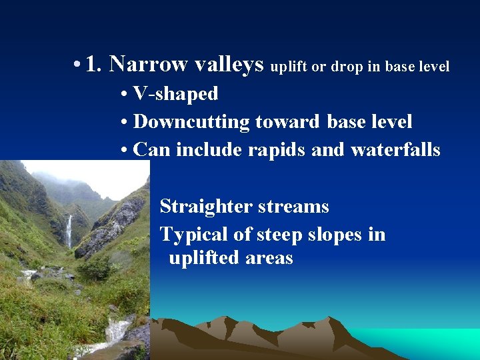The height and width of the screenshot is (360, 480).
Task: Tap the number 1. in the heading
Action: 94,64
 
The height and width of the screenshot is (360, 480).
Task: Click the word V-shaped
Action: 175,94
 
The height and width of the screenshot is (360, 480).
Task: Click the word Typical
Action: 194,235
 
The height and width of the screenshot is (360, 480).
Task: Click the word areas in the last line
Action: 271,258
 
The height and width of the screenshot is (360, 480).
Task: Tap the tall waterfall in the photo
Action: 69,231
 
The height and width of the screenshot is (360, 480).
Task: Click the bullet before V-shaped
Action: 125,95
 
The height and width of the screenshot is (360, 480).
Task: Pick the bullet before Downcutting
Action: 125,123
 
